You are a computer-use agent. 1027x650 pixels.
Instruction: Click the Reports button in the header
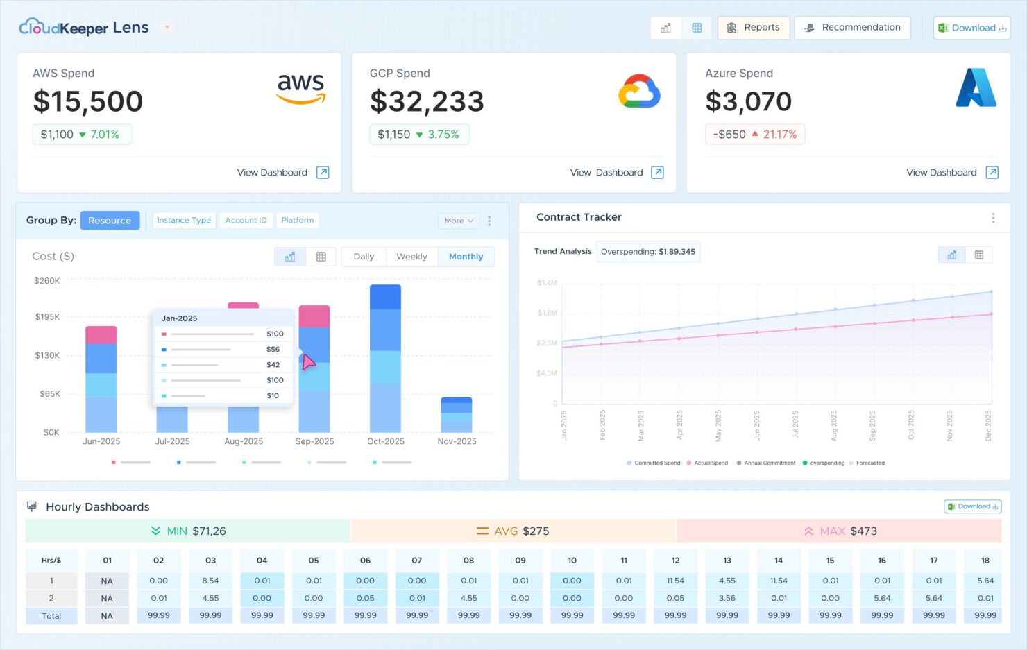754,28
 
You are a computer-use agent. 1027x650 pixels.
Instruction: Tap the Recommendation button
852,28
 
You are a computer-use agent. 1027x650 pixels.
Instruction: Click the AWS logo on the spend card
301,88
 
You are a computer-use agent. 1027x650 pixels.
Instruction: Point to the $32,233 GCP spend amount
427,102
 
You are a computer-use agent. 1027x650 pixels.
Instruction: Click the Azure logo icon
976,88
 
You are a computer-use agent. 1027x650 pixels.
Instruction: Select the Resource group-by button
110,221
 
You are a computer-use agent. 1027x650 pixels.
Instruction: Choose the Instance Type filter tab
184,221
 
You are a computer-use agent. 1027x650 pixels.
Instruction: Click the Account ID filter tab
246,221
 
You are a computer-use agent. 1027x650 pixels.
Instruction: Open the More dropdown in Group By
459,221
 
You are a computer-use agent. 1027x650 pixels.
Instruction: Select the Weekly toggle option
411,257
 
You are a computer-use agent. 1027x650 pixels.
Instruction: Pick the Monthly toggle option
466,257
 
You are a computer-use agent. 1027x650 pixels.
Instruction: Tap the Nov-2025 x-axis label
457,441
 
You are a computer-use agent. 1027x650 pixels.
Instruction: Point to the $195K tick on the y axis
47,317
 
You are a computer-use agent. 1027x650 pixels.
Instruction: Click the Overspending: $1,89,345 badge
648,252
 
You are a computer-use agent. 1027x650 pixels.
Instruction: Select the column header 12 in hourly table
675,561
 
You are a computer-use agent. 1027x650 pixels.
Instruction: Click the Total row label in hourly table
51,616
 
